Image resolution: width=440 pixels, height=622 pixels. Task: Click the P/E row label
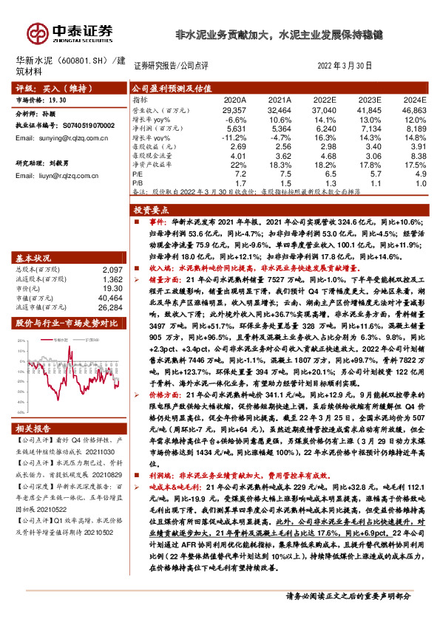click(x=138, y=173)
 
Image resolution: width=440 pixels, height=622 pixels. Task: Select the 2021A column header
click(x=280, y=99)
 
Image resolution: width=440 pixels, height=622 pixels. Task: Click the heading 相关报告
click(x=34, y=428)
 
